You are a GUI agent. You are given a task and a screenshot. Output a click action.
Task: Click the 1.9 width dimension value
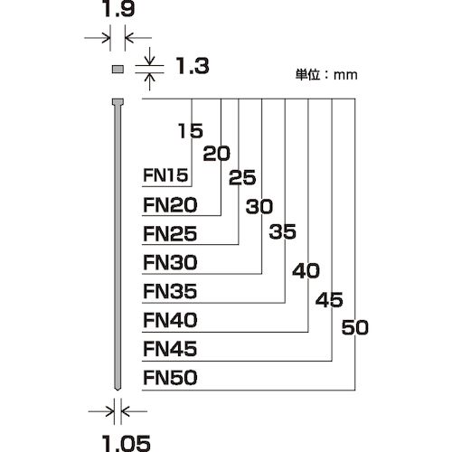118,9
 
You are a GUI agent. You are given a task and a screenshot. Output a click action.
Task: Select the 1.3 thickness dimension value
193,66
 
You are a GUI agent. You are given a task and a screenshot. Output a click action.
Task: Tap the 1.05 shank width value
127,444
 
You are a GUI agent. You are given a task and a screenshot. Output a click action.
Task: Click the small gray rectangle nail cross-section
118,70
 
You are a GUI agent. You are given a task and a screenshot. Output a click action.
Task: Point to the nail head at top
118,102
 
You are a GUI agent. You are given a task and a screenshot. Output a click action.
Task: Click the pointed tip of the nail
118,390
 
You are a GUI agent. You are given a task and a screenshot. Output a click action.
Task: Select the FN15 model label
165,175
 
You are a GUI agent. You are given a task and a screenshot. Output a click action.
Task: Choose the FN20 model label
170,205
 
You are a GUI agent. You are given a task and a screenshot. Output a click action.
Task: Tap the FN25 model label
170,234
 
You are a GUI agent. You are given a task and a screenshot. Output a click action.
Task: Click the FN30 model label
170,262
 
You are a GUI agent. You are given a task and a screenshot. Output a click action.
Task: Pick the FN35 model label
170,291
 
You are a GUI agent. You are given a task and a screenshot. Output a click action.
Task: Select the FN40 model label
170,320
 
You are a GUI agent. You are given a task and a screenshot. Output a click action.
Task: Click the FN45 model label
170,349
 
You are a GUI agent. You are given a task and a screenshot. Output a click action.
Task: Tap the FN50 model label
170,378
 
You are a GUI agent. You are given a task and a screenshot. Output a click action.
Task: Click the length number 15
191,131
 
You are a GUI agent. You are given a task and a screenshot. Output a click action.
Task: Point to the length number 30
259,206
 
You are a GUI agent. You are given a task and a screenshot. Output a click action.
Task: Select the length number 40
306,270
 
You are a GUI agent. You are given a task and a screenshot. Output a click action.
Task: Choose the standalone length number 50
355,327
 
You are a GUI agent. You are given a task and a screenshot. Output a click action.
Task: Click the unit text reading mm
345,75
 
